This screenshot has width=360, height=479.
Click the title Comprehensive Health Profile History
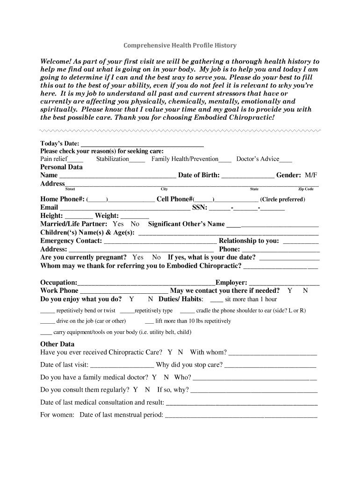[x=180, y=45]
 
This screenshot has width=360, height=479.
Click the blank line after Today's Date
[x=142, y=145]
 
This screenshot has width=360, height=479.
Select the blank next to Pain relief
[x=75, y=160]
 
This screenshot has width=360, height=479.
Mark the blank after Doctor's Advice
[x=286, y=160]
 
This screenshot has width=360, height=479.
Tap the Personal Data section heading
[x=61, y=167]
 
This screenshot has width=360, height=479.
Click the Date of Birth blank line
[x=248, y=176]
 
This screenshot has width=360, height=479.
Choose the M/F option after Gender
[x=311, y=175]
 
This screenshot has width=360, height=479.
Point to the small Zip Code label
[x=306, y=189]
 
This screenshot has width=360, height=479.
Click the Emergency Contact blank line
[x=160, y=242]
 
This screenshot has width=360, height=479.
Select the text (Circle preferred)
[x=282, y=199]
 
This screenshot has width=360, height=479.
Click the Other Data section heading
[x=57, y=344]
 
